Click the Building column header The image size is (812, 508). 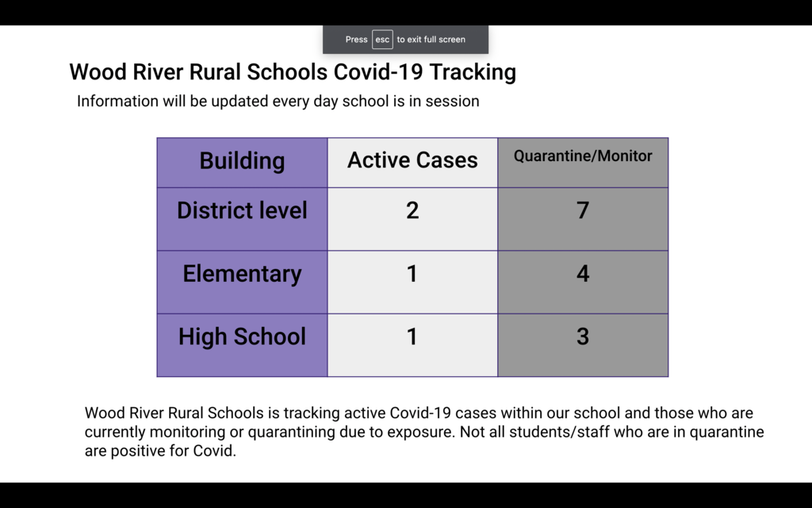[x=242, y=161]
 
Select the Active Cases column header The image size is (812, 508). [x=412, y=160]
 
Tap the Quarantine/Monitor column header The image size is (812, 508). [x=583, y=156]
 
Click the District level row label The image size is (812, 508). [x=242, y=210]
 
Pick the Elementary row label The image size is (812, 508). [x=242, y=274]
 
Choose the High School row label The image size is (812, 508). [x=242, y=337]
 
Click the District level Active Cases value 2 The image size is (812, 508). [x=412, y=210]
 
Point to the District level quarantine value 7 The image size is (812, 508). [x=583, y=210]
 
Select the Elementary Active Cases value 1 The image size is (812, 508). [x=412, y=274]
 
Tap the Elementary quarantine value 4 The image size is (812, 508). [x=583, y=274]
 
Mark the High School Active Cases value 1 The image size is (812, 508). [x=412, y=337]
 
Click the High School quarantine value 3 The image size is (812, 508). [x=583, y=337]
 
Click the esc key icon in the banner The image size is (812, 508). [x=382, y=40]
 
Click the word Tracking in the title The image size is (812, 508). [x=473, y=72]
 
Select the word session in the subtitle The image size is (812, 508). [x=453, y=102]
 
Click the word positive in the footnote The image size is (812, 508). [x=135, y=452]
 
